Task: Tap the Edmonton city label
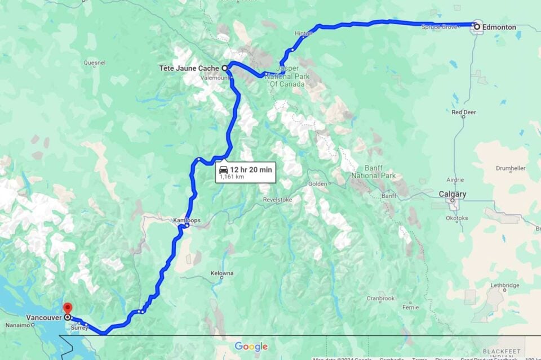(x=499, y=27)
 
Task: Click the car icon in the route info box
(x=223, y=169)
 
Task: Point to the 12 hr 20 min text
(x=251, y=169)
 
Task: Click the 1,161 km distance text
(x=232, y=177)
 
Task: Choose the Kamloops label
(x=187, y=220)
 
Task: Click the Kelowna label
(x=222, y=273)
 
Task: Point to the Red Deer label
(x=464, y=112)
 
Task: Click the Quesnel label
(x=94, y=63)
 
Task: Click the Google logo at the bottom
(x=251, y=346)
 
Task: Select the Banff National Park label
(x=372, y=172)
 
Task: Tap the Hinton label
(x=303, y=34)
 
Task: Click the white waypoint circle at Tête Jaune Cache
(x=224, y=68)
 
